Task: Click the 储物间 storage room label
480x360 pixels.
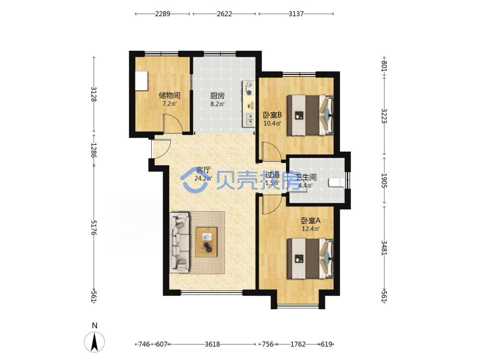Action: (169, 95)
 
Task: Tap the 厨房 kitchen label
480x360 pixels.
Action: (217, 96)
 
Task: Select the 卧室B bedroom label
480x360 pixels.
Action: (273, 115)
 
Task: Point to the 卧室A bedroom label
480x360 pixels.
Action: (311, 220)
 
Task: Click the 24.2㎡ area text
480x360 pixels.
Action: (203, 178)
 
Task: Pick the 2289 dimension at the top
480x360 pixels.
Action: (163, 14)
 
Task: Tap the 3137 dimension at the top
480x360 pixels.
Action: (296, 14)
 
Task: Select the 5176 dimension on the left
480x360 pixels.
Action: (94, 228)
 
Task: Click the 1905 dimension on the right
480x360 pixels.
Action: (384, 180)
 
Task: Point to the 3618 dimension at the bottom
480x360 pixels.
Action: (213, 344)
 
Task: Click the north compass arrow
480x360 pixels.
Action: (94, 342)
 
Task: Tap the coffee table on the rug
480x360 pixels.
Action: (206, 242)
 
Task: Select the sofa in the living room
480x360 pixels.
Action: (180, 243)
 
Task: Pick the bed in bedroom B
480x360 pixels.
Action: (310, 115)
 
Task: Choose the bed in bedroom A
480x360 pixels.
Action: (310, 259)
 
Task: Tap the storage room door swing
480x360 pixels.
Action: (173, 123)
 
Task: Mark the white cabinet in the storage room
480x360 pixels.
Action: (142, 81)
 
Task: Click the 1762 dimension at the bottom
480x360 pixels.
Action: (298, 344)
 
